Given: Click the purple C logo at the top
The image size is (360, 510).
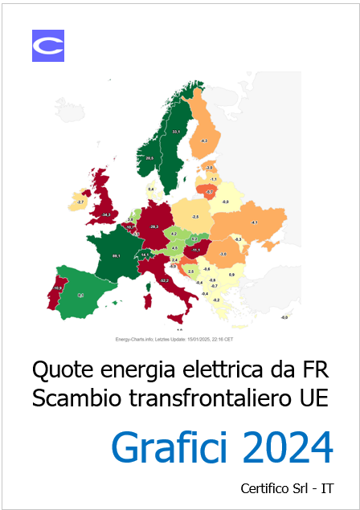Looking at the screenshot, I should pos(47,46).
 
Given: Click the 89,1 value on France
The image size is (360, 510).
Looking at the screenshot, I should pos(116,255).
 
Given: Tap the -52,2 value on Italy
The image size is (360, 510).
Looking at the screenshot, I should pos(164,280).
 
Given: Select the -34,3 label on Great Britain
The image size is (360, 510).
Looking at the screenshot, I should pos(106,214).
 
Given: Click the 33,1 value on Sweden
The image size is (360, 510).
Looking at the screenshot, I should pos(177,131).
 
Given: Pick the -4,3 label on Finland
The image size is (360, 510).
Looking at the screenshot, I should pos(204,141).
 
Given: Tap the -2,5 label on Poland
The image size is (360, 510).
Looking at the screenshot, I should pos(195,217).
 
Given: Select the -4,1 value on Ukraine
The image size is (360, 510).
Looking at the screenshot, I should pos(254,222).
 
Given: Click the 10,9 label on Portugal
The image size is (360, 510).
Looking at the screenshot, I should pos(57,288).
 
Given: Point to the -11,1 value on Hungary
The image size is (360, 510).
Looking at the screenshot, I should pos(196,250).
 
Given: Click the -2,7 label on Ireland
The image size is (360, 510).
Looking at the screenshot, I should pos(81,202).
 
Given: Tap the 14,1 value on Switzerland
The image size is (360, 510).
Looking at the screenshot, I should pos(145,255).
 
